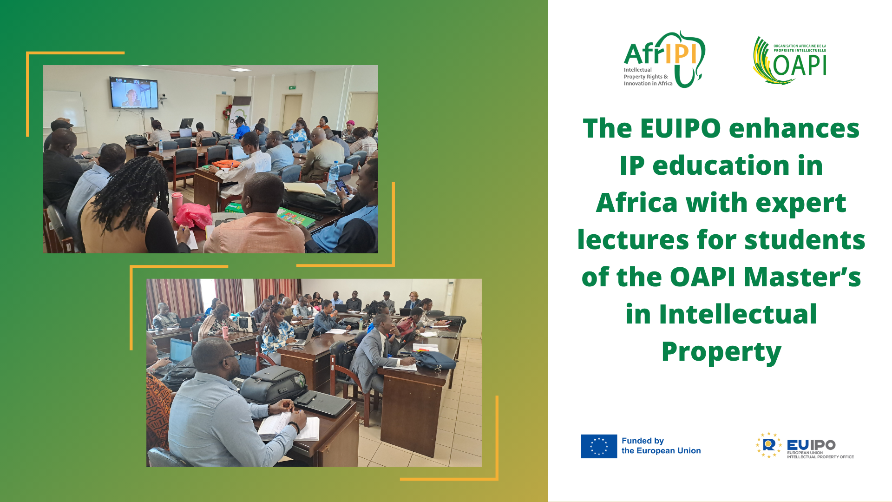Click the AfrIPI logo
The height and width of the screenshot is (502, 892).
[664, 59]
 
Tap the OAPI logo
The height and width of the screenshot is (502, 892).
[790, 60]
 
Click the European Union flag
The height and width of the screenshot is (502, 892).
[599, 446]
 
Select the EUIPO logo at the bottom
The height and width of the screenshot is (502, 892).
[805, 445]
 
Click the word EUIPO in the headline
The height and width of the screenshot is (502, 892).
[681, 128]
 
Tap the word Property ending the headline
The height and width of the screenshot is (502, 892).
[721, 352]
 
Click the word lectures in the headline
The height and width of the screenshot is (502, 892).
[633, 240]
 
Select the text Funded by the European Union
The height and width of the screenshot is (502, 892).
[661, 446]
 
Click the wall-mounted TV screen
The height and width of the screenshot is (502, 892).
[134, 92]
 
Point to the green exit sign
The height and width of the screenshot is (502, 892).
[292, 87]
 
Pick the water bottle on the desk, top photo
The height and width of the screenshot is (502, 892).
[333, 177]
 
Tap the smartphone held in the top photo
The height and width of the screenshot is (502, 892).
[341, 186]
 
